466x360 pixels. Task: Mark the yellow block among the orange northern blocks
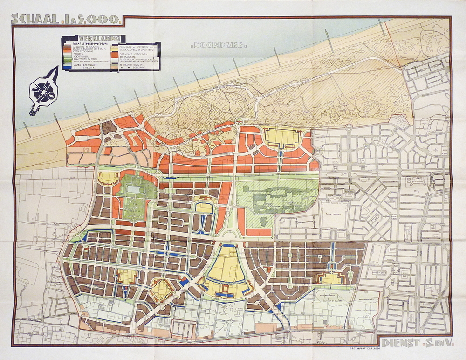282,137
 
